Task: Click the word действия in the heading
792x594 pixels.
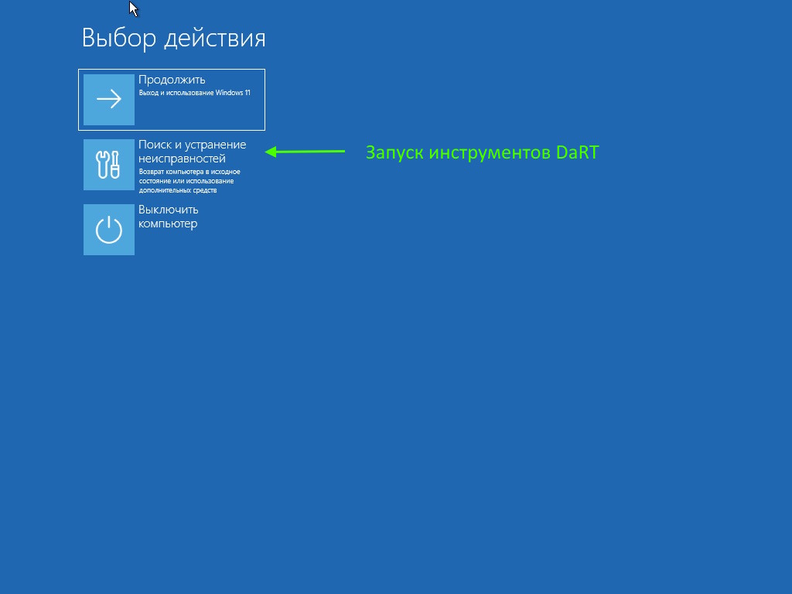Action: (215, 39)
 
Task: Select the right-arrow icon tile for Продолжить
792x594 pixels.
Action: (109, 100)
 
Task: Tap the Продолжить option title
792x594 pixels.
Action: (172, 80)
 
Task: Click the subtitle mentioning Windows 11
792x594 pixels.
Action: (194, 93)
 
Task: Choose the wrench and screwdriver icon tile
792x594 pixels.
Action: (109, 165)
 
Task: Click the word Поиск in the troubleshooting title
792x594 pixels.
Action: (155, 145)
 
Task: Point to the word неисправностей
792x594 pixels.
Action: (182, 159)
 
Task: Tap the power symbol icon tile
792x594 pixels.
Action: (109, 230)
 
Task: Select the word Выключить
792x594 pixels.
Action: (168, 210)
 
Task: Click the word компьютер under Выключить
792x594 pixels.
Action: (168, 224)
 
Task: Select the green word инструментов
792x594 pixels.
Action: (490, 153)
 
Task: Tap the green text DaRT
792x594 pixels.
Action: (577, 152)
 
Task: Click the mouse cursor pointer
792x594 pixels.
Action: (133, 9)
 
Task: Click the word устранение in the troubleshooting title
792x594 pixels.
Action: (216, 145)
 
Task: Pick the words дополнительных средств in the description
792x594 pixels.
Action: (178, 190)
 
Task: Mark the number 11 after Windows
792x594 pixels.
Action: (247, 93)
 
